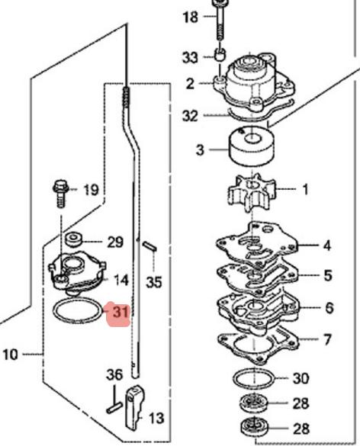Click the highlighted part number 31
[121, 312]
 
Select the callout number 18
[191, 17]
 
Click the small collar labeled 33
[220, 55]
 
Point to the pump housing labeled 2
[254, 83]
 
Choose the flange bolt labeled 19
[61, 194]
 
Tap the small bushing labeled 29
[74, 239]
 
